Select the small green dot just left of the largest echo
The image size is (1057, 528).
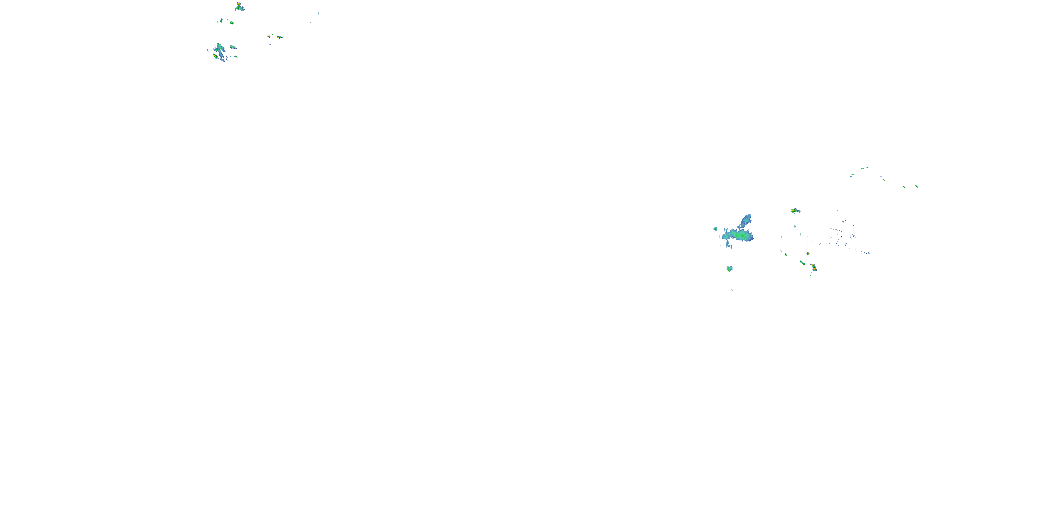715,228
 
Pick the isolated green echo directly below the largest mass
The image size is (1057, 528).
729,269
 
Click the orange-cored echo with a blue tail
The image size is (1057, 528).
795,211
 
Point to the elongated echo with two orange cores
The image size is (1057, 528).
813,267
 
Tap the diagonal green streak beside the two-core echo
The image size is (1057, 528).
802,262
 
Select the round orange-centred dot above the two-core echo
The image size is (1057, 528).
808,254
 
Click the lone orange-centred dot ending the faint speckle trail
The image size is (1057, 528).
869,253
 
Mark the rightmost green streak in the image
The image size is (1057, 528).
916,186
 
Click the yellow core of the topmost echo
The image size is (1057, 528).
238,5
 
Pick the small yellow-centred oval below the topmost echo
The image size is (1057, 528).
231,23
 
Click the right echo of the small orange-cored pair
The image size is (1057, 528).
280,37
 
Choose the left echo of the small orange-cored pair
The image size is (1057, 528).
269,36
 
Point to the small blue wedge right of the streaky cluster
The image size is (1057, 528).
233,47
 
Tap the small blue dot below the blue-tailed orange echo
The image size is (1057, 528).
795,226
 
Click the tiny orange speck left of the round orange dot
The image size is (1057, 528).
786,254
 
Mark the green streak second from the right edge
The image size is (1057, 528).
904,187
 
